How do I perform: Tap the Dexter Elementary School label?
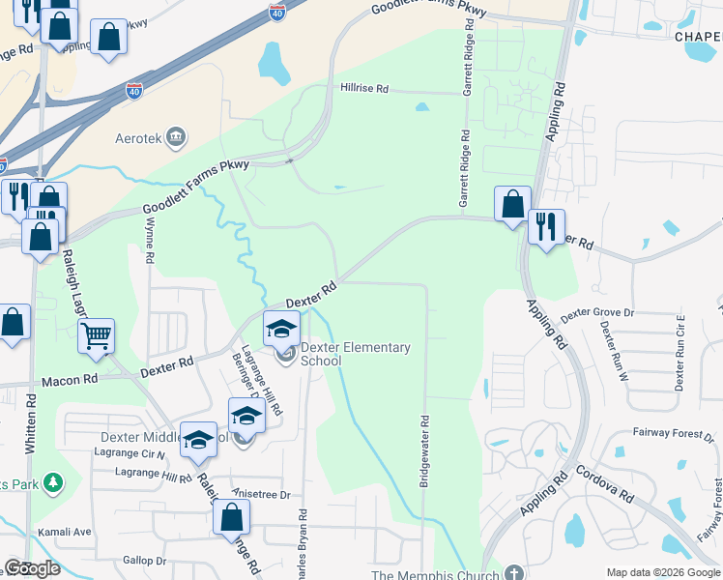[355, 354]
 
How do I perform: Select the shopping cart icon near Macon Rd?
[96, 336]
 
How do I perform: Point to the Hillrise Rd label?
[363, 88]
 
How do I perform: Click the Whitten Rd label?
[31, 421]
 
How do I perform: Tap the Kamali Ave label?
[64, 532]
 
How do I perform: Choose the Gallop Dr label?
[145, 561]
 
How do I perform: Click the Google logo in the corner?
[32, 568]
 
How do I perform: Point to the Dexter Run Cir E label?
[680, 352]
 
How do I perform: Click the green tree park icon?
[54, 481]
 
